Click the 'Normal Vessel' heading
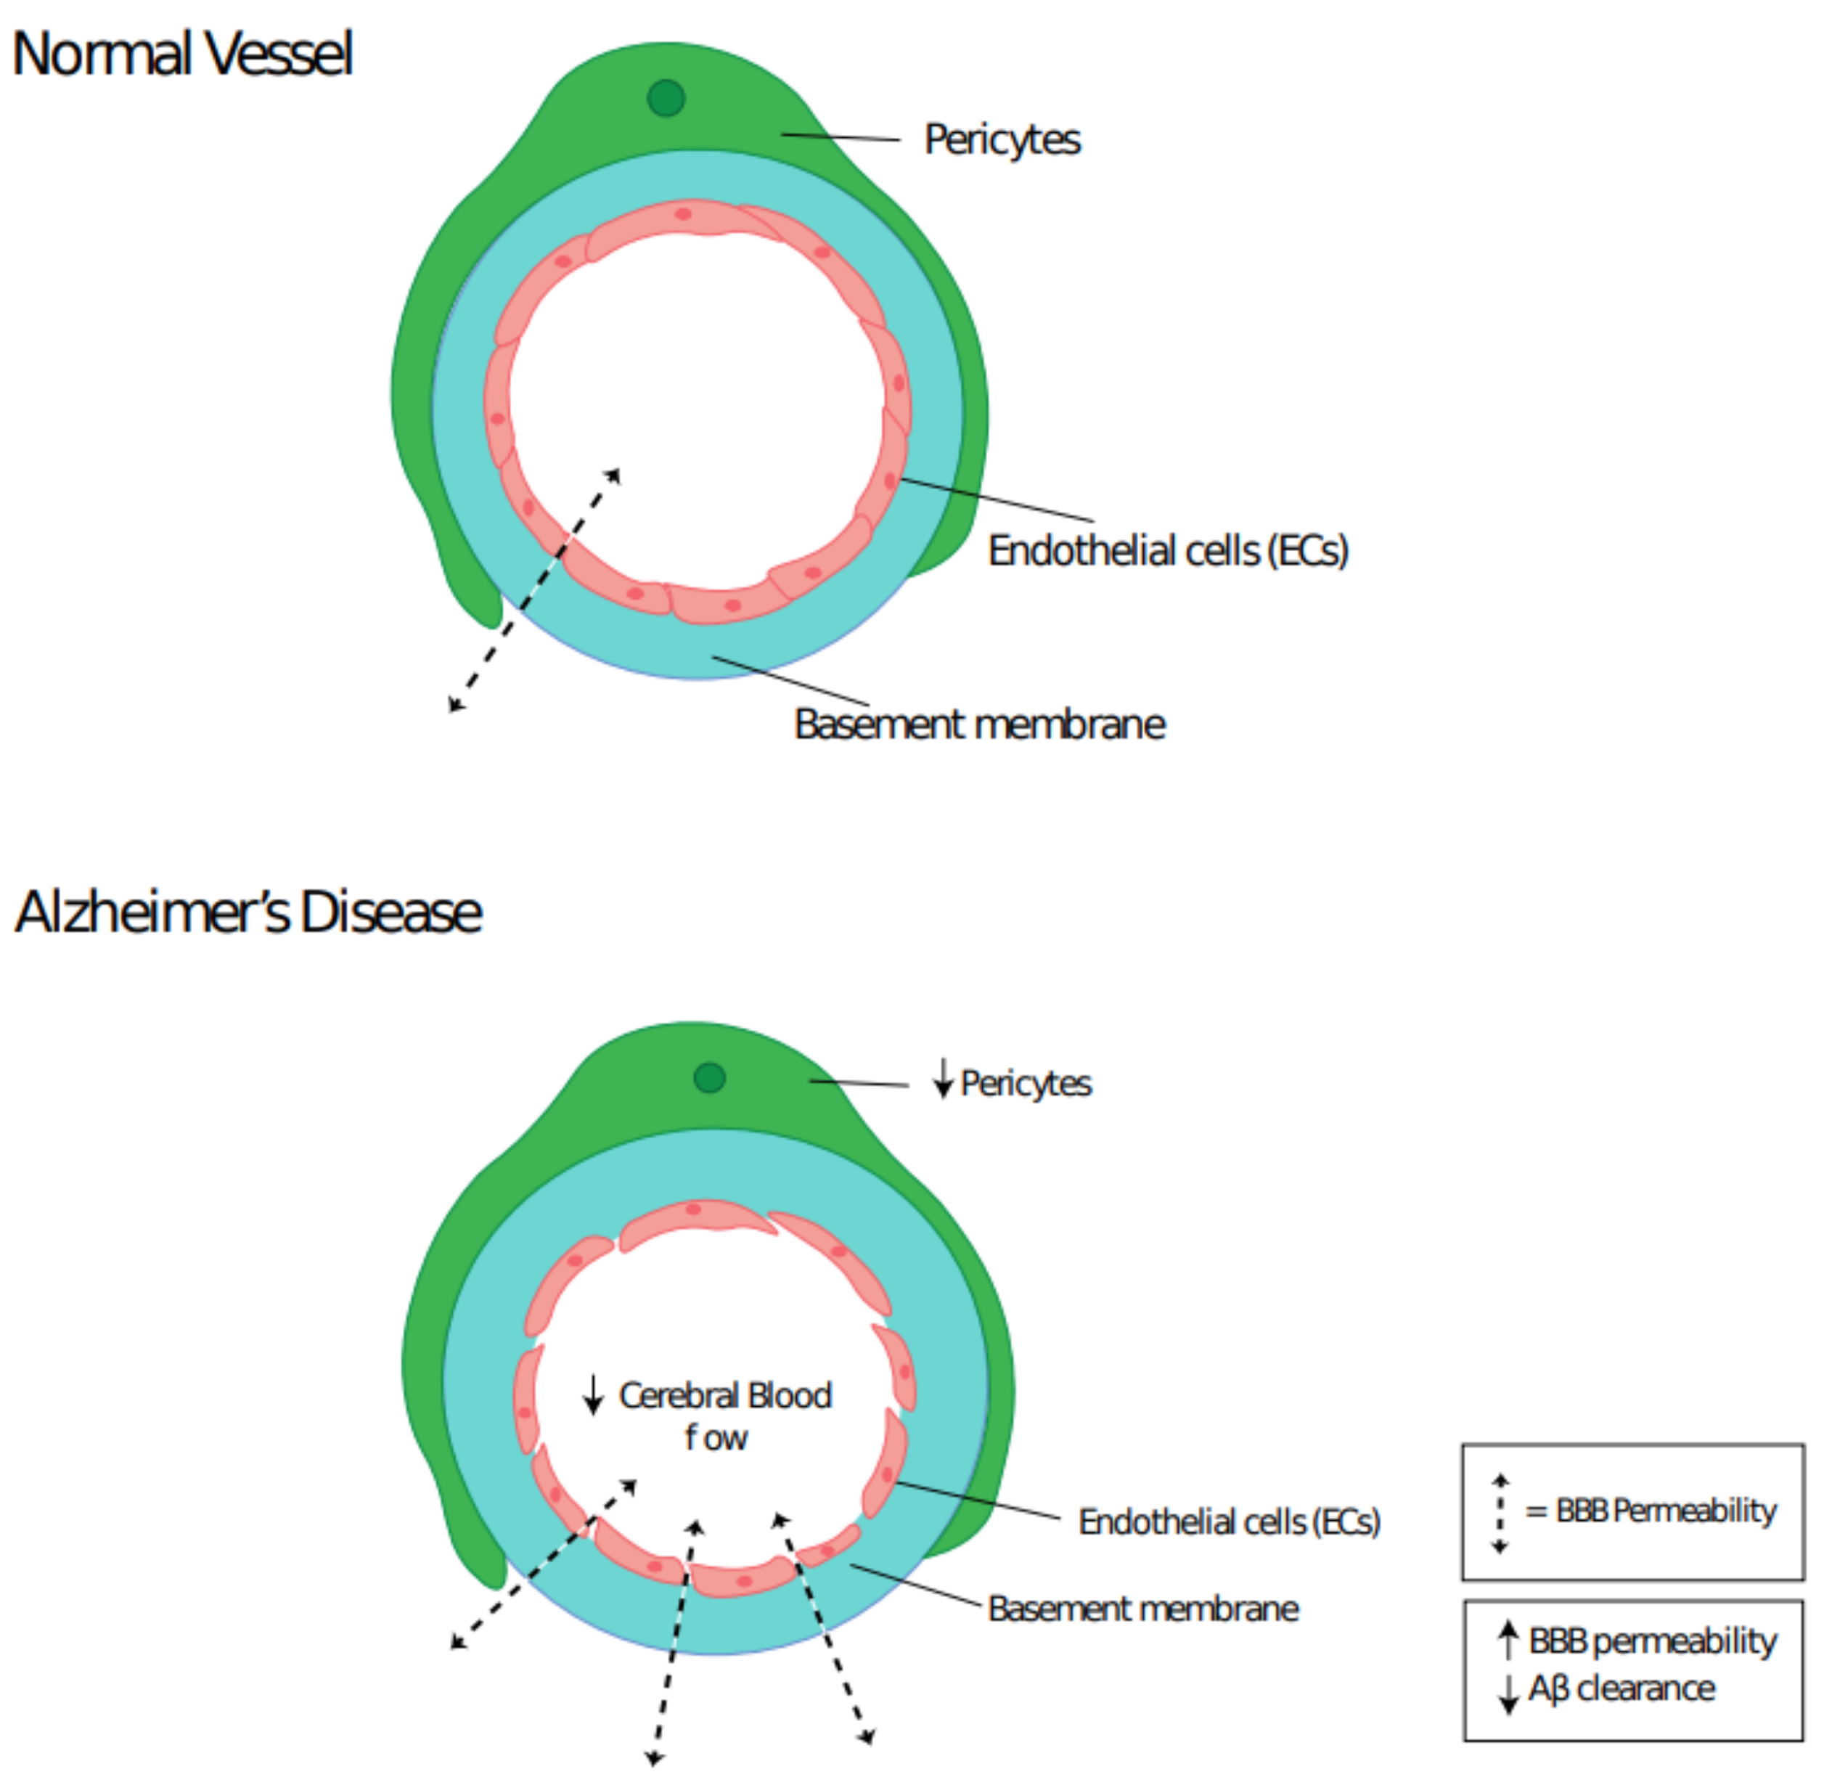coord(182,54)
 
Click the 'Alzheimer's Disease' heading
coord(248,912)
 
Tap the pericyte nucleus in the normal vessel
coord(666,97)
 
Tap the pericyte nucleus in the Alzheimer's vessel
coord(710,1078)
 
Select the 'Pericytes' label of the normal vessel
coord(1002,139)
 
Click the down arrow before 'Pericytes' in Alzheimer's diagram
coord(943,1079)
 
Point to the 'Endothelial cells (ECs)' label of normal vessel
coord(1168,550)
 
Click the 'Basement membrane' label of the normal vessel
coord(979,724)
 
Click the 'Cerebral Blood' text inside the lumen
coord(724,1396)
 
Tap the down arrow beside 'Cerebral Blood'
coord(592,1395)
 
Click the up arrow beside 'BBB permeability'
coord(1508,1641)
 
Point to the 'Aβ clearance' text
coord(1622,1688)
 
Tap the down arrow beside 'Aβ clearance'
coord(1508,1692)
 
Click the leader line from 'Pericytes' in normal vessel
coord(841,137)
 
